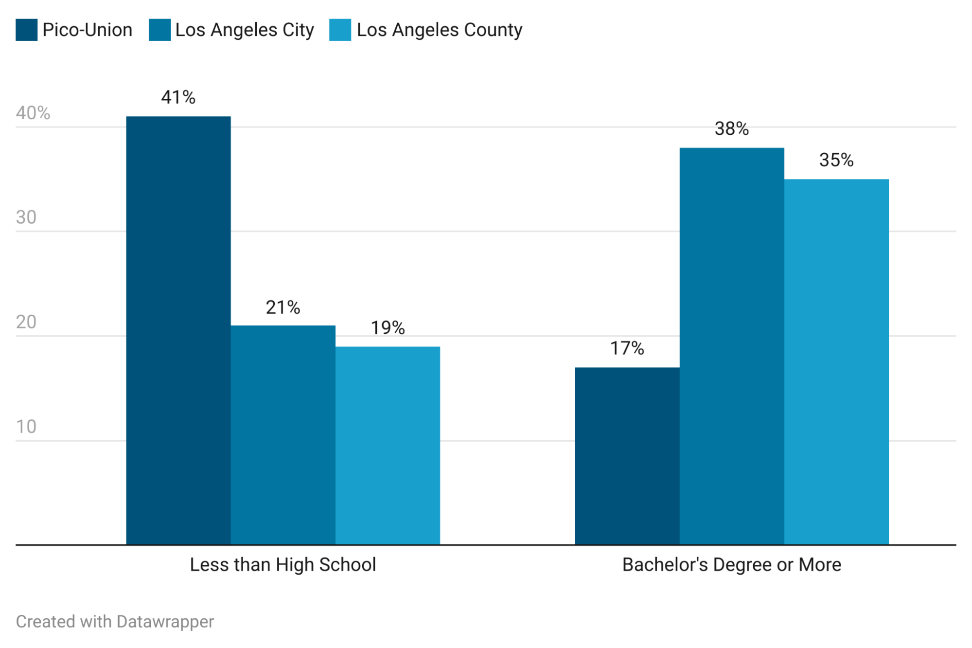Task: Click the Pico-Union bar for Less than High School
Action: tap(178, 331)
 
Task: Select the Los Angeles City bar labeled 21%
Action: tap(283, 435)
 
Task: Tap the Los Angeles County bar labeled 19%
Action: tap(388, 446)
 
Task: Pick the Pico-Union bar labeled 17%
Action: tap(627, 456)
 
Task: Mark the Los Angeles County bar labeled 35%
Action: tap(836, 362)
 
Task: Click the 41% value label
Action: tap(178, 97)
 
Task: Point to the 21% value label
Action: tap(283, 307)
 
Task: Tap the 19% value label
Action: tap(388, 328)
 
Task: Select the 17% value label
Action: tap(627, 348)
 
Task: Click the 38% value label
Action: tap(731, 129)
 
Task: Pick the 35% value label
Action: tap(836, 160)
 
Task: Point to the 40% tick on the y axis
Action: tap(33, 113)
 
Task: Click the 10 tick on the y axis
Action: tap(26, 427)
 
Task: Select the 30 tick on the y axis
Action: tap(26, 217)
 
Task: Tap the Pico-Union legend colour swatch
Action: tap(26, 30)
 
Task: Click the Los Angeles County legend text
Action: tap(440, 30)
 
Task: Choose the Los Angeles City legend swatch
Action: tap(159, 30)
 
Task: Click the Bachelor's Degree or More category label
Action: tap(731, 565)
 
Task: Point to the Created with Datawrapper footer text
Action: tap(115, 622)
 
